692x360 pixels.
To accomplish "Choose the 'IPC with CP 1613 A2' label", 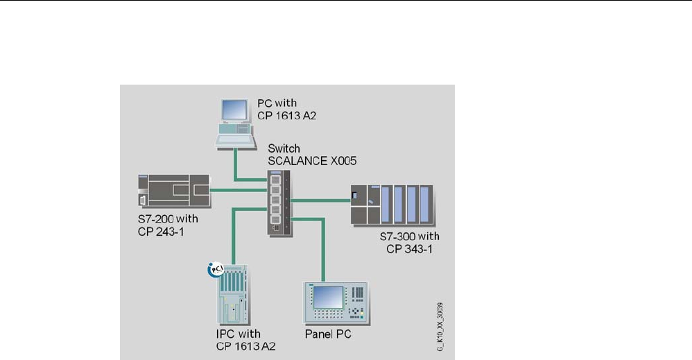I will coord(246,341).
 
